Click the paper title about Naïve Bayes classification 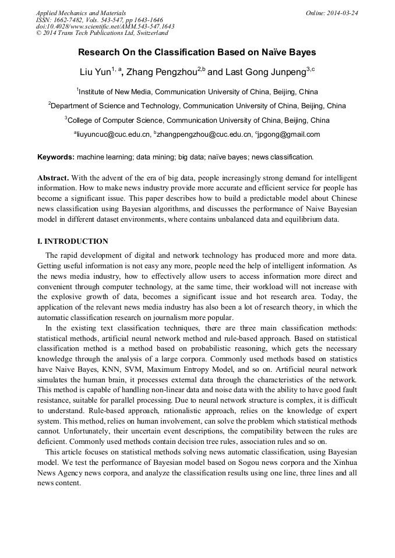(197, 52)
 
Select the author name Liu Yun (95, 72)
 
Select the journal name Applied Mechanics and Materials (81, 12)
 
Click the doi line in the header (105, 26)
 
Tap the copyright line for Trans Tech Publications (102, 33)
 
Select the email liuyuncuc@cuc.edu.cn (113, 134)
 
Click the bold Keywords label (55, 157)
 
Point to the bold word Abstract (54, 177)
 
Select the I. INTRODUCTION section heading (73, 241)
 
